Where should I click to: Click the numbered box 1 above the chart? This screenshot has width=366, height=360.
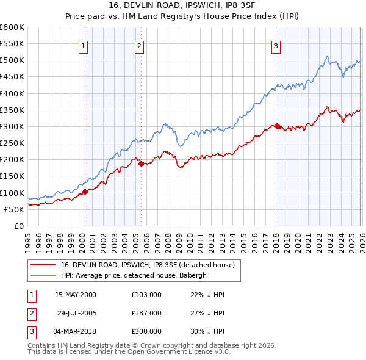(83, 45)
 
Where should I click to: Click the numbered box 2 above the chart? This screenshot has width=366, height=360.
(139, 45)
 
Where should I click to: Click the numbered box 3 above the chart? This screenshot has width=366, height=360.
(276, 45)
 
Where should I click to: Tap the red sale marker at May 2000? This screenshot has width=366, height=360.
(85, 192)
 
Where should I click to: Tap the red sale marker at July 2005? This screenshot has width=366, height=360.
(141, 164)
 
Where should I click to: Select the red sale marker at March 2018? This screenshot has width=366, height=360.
(277, 126)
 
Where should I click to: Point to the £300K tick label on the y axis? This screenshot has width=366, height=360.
(12, 126)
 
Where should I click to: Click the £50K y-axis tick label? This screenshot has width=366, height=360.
(15, 209)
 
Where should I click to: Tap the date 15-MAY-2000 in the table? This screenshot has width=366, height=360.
(76, 295)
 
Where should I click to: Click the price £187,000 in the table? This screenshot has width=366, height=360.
(146, 313)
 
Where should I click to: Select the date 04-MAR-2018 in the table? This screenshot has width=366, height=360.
(75, 331)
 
